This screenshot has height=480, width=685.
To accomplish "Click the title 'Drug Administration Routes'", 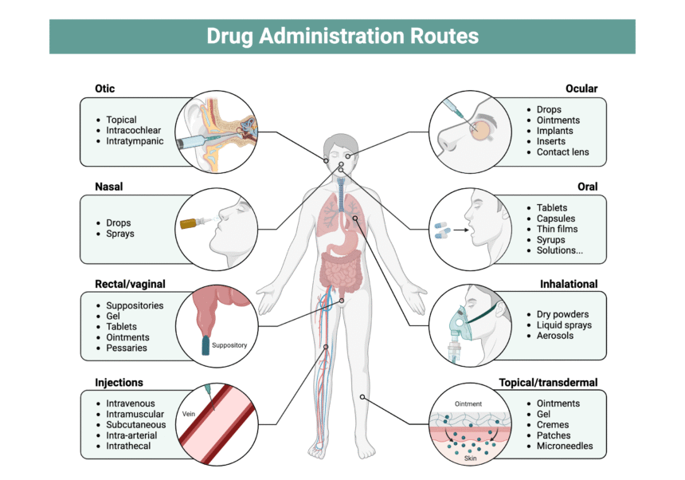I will (x=342, y=37).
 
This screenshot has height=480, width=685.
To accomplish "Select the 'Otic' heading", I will (x=105, y=89).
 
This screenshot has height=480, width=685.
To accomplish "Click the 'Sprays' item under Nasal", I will (x=120, y=234).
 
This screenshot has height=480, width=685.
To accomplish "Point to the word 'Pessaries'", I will (x=127, y=348).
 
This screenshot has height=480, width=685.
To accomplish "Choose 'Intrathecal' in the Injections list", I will (x=128, y=446).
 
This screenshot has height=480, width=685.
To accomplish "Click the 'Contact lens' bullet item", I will (x=562, y=151).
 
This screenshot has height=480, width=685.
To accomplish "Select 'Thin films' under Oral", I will (x=557, y=229).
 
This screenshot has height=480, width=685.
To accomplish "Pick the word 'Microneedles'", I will (x=565, y=446).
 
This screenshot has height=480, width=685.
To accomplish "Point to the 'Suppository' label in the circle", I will (x=229, y=345).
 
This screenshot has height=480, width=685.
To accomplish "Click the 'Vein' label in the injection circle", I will (x=189, y=415).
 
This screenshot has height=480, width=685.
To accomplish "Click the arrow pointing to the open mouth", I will (x=460, y=230).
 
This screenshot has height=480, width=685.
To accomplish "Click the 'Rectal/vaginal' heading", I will (x=130, y=284).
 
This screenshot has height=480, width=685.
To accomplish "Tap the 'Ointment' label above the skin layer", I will (x=468, y=404).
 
